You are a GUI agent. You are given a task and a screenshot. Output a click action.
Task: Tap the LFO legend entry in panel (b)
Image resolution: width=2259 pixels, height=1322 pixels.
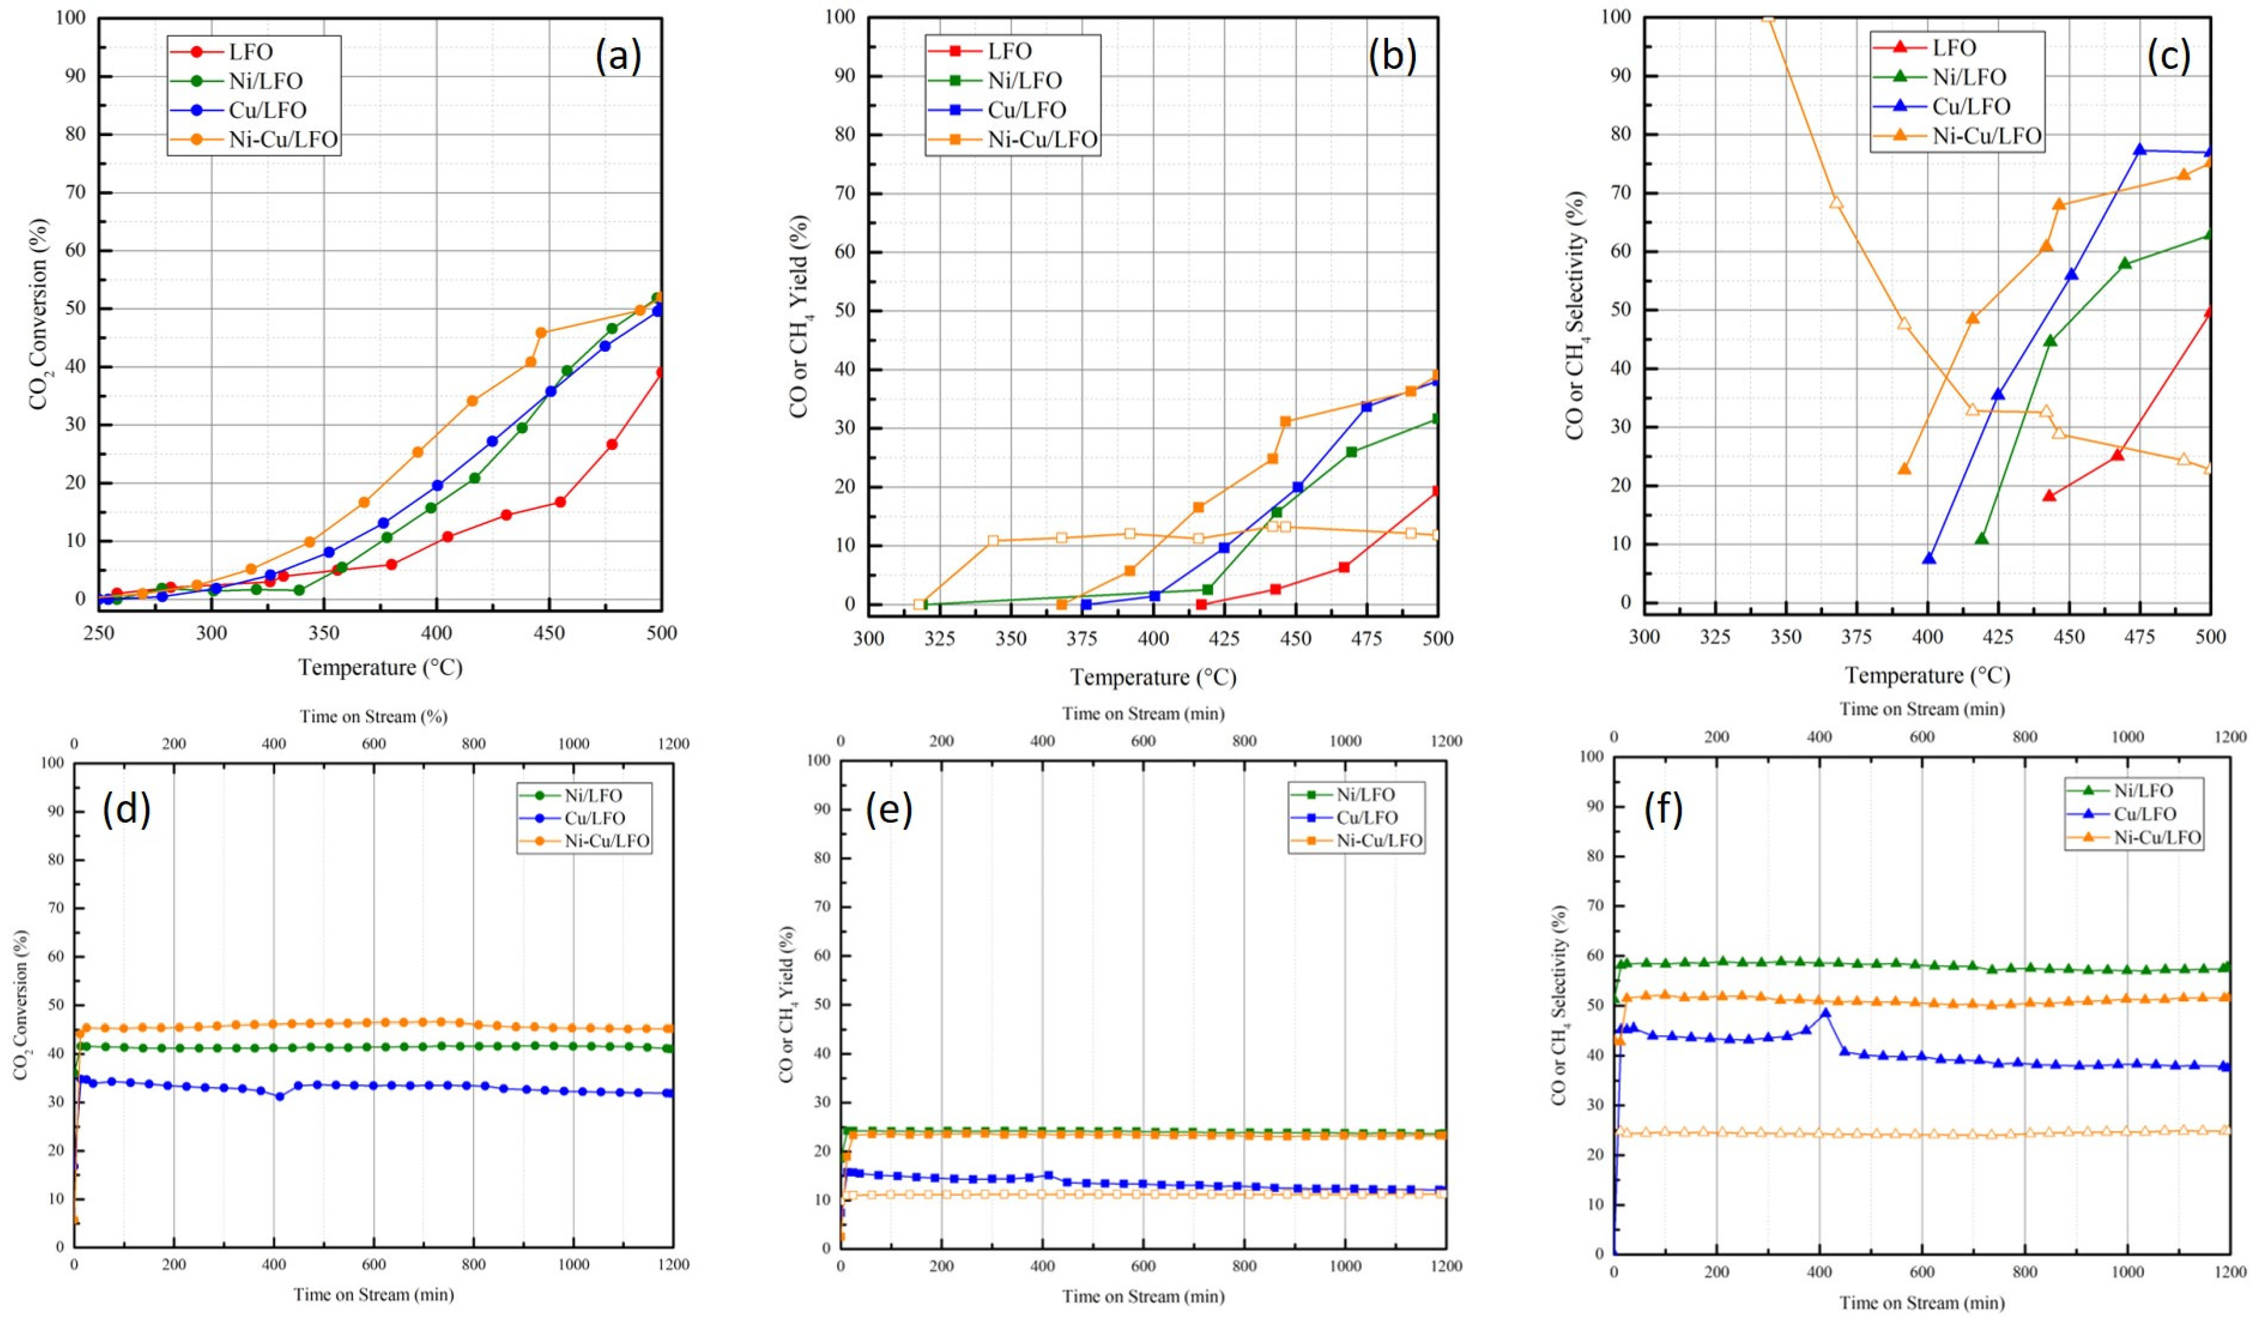(x=1010, y=51)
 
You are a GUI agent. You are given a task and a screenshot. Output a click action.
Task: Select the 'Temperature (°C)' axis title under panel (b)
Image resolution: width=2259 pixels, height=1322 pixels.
(x=1153, y=677)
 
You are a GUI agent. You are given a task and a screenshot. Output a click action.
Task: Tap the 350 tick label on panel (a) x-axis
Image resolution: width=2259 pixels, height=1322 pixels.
(x=324, y=633)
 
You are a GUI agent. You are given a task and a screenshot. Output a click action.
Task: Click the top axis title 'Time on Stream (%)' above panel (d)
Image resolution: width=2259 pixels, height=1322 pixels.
(x=373, y=717)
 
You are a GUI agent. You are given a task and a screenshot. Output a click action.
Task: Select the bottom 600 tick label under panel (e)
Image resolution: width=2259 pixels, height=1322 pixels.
(x=1143, y=1265)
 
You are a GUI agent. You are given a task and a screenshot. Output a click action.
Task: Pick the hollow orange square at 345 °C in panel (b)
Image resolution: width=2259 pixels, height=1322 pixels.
(x=992, y=541)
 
